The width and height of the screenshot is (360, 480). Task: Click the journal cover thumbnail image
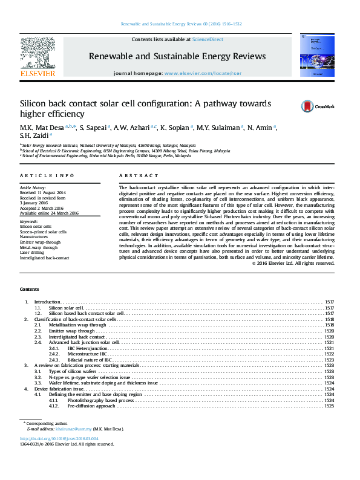point(317,54)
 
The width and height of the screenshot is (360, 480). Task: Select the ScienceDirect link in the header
point(208,39)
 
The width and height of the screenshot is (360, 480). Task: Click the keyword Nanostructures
point(35,236)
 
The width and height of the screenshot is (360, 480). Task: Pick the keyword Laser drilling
point(34,253)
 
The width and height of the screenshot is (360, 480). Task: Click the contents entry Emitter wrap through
point(72,331)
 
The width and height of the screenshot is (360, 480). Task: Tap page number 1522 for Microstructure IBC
point(329,354)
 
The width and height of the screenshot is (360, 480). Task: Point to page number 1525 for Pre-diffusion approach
point(329,406)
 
